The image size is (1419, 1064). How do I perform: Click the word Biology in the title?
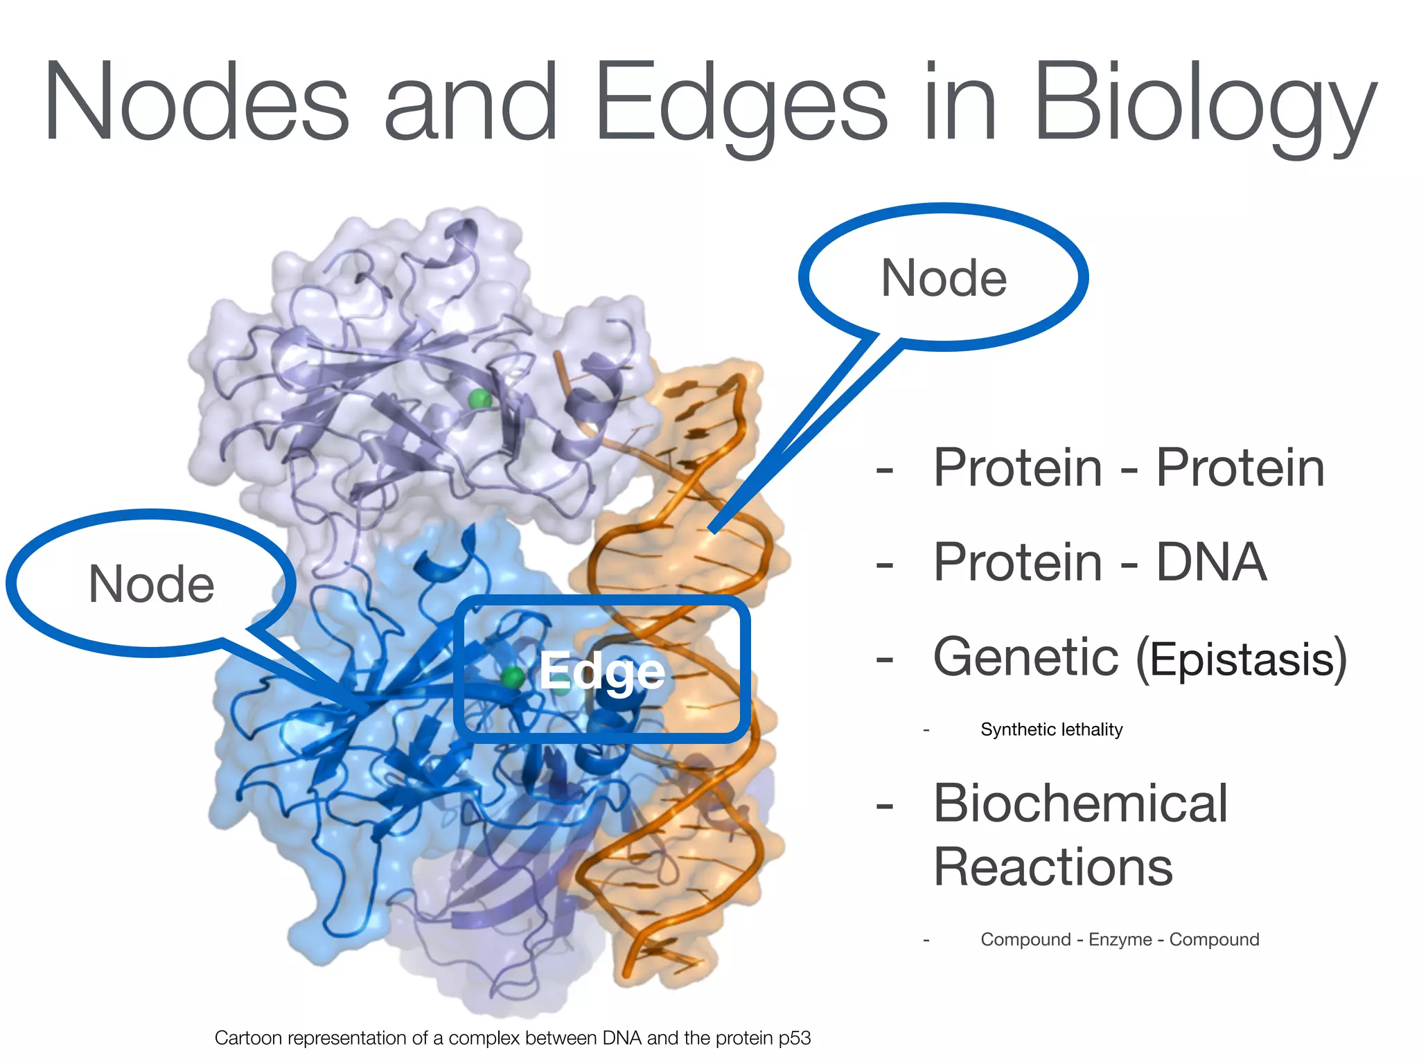1204,104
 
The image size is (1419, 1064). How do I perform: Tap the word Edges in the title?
740,104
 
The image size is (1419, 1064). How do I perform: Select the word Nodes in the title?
197,104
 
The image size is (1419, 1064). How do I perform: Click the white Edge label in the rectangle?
601,671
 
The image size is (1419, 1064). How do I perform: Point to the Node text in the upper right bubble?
944,278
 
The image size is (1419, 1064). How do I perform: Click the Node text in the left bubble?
151,584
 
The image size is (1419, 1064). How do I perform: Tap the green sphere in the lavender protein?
479,399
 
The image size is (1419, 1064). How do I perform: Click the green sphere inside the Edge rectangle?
513,677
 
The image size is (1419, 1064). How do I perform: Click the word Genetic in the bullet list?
1025,657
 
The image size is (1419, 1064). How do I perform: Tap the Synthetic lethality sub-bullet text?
1051,729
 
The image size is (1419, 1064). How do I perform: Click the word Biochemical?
1080,804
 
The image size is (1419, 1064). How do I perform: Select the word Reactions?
1052,867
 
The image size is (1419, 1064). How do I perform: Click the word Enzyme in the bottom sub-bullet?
1120,940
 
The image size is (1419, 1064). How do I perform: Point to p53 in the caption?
794,1038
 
